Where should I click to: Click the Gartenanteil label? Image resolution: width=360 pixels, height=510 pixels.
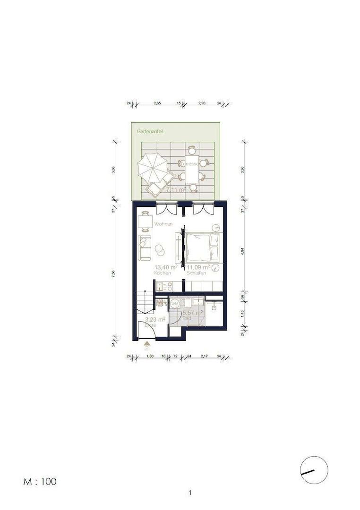tap(150, 131)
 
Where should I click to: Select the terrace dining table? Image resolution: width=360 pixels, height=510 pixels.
tap(192, 169)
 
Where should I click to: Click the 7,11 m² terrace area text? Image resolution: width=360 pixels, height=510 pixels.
tap(176, 189)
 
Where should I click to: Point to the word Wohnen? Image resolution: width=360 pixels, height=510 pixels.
tap(163, 224)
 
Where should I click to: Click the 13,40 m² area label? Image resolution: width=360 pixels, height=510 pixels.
tap(166, 267)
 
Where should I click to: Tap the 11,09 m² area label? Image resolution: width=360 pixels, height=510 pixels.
tap(198, 267)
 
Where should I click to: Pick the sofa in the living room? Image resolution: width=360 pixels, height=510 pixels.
tap(145, 247)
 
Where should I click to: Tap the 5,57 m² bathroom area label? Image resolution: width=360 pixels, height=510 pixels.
tap(192, 312)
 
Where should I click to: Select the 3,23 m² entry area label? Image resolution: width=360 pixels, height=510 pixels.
tap(154, 319)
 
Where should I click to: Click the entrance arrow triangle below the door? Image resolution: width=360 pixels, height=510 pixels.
tap(147, 343)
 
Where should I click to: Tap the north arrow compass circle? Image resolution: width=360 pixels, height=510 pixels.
tap(314, 470)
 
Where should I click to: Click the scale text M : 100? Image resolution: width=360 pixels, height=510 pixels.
tap(40, 482)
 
